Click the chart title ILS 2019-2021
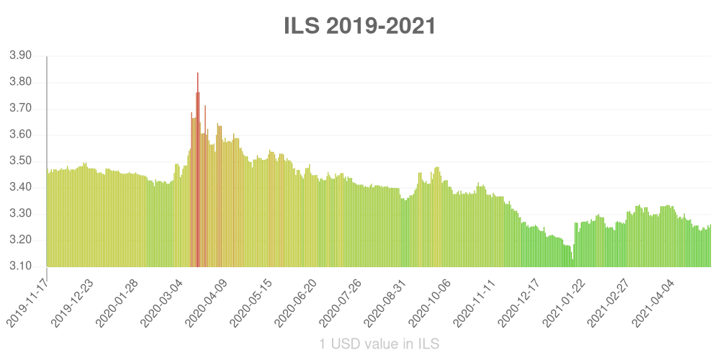click(x=360, y=27)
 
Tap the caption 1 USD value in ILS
click(x=379, y=344)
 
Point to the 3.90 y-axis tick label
click(x=20, y=55)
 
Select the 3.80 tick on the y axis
click(x=20, y=82)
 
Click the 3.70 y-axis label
click(x=20, y=109)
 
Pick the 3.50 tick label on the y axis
click(x=20, y=161)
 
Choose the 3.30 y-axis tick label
click(x=20, y=214)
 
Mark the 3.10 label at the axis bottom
click(x=20, y=266)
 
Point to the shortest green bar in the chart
click(x=572, y=264)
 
